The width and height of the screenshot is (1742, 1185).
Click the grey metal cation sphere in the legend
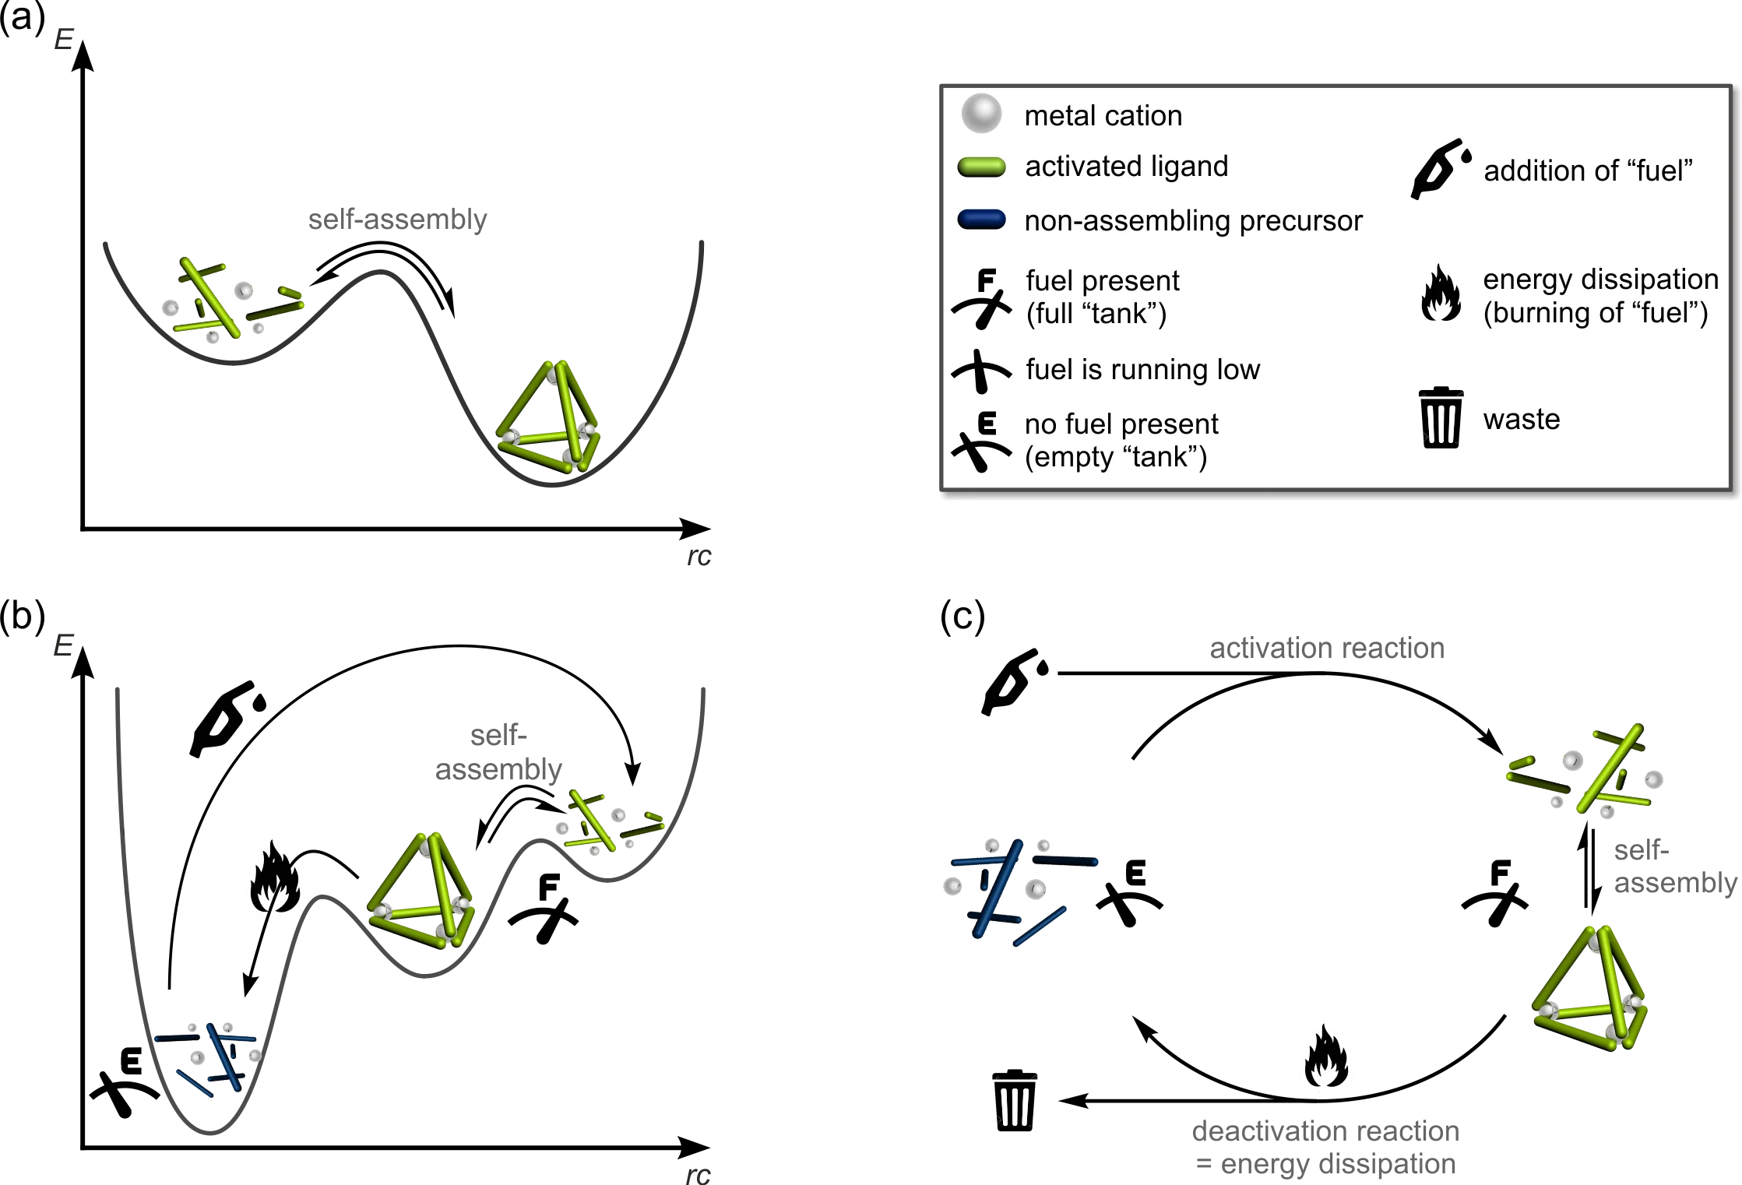point(980,114)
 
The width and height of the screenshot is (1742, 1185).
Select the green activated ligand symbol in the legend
point(981,167)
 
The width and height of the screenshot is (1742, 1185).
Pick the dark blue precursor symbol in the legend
point(981,220)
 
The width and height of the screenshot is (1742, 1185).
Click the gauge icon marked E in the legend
point(981,442)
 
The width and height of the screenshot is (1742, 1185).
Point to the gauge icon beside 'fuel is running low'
point(981,371)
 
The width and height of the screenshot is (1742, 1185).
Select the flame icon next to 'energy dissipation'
point(1441,294)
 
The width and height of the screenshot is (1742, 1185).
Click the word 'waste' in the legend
point(1522,419)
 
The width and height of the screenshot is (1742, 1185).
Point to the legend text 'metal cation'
point(1103,116)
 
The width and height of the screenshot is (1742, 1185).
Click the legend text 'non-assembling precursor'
point(1193,221)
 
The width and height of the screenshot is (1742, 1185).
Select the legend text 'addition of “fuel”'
point(1588,171)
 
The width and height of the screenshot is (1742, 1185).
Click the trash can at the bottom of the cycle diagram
point(1014,1101)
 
